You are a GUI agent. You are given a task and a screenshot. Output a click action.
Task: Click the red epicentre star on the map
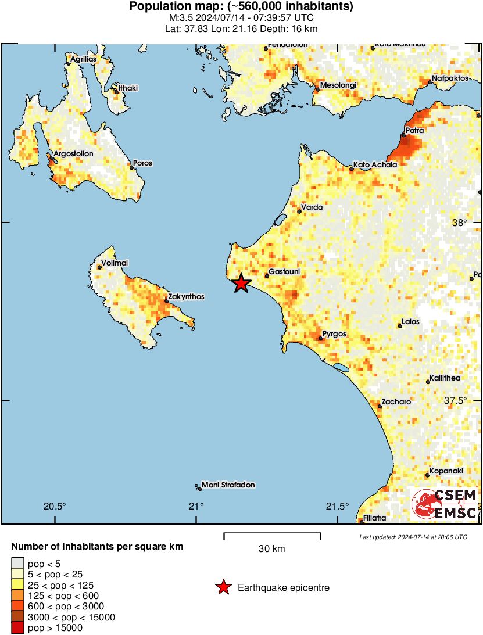click(x=241, y=284)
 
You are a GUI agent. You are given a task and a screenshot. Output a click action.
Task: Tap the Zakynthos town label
click(x=187, y=297)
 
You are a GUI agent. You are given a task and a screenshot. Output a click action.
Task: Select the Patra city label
click(x=416, y=131)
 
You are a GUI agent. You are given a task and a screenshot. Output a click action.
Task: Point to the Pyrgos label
click(x=335, y=334)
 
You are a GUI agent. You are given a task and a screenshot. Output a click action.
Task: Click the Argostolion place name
click(x=73, y=154)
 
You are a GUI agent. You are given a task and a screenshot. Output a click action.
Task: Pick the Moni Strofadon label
click(x=228, y=485)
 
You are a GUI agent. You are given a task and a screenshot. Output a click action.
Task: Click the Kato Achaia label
click(x=375, y=165)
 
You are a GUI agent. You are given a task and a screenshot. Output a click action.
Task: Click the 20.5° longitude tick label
click(x=55, y=505)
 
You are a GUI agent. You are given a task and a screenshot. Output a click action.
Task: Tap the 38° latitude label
click(x=459, y=223)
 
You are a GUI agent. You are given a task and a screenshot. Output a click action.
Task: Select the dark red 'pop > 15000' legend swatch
click(x=18, y=627)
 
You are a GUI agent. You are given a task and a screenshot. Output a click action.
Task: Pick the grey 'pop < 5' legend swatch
click(x=18, y=562)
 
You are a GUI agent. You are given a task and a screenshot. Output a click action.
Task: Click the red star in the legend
click(x=223, y=588)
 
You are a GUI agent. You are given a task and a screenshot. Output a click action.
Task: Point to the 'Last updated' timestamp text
click(x=413, y=537)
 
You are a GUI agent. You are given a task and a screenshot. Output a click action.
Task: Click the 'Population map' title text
click(x=241, y=7)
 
